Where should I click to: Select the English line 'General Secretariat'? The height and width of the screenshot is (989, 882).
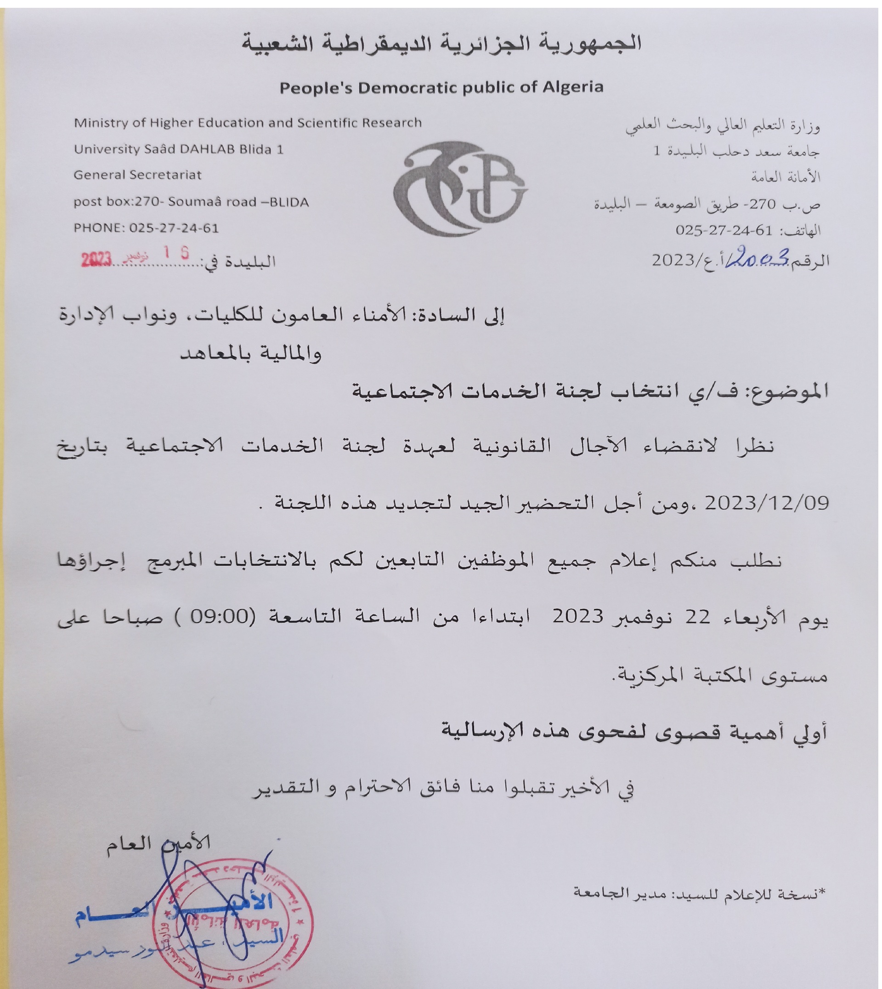pos(138,175)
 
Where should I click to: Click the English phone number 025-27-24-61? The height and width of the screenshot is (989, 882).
pos(174,228)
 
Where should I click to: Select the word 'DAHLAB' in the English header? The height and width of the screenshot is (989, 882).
pos(208,149)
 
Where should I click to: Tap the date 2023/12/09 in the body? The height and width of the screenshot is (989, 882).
pos(767,503)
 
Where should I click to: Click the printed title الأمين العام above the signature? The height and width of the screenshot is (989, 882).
pos(158,844)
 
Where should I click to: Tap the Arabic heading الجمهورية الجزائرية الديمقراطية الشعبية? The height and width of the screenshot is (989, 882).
pos(441,44)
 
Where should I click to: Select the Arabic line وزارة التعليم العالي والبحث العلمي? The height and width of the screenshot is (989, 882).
pos(722,126)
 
